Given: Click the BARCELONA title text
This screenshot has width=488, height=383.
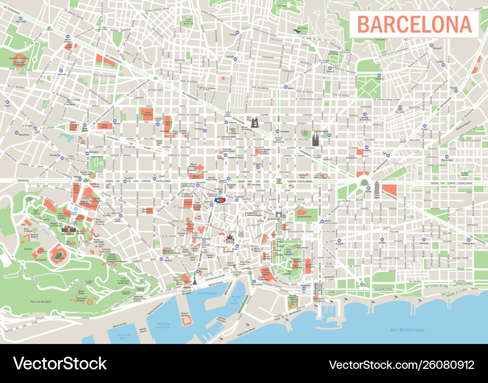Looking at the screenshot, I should [414, 24].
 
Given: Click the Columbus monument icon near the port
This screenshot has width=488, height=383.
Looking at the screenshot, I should [195, 278].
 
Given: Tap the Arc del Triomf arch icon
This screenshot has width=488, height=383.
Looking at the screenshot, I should [279, 214].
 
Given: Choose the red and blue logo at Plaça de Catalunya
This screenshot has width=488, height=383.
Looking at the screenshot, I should [220, 200].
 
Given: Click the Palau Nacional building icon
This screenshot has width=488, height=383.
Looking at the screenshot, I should [69, 230].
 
